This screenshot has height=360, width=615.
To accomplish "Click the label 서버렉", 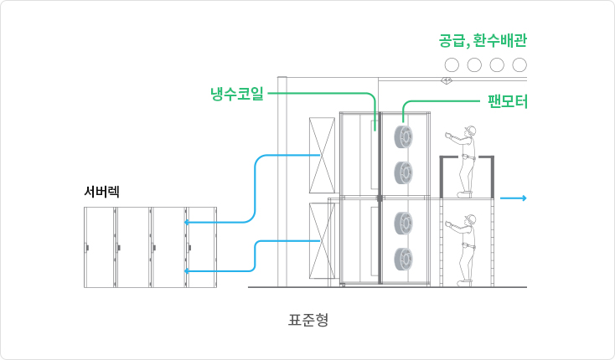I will point(102,191).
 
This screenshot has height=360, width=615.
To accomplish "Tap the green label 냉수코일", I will point(237,93).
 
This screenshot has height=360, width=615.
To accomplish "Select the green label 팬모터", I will point(506,102).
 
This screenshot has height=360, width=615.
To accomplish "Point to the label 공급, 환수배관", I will point(482,39).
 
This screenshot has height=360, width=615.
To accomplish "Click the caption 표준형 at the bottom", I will point(307,319).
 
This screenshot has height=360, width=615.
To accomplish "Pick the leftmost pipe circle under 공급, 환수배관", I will point(452,64).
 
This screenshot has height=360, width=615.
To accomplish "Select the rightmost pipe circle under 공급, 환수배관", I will point(519,64).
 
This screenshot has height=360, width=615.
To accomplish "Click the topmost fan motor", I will point(403,136).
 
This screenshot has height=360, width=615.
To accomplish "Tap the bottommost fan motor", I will point(403,260).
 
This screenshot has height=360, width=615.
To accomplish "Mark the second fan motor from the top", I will point(403,173).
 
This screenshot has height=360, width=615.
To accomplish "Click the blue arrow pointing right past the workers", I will point(513,198).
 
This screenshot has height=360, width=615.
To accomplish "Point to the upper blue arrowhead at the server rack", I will point(188,222).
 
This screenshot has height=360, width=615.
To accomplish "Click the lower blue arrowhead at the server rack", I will point(188,270).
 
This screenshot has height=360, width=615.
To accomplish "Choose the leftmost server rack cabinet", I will point(100,247).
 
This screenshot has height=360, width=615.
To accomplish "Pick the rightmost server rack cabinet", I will point(202,247).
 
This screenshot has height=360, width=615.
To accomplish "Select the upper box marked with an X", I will point(323,156).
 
